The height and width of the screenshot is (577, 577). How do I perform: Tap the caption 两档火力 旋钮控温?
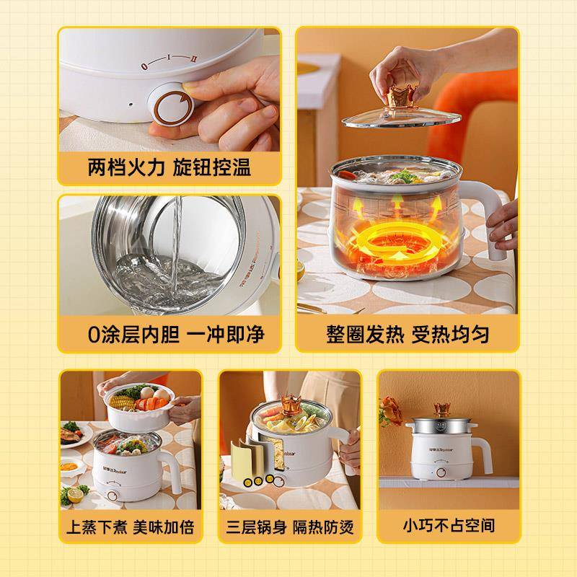coord(169,167)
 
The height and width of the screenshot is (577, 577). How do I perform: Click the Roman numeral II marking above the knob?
coord(193,59)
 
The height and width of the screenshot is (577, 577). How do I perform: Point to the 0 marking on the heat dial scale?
coord(144,66)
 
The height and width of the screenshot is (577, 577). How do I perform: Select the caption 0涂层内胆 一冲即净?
coord(176,334)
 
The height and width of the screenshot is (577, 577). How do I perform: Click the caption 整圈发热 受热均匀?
coord(408,335)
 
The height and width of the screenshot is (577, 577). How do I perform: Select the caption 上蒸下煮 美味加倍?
coord(130,527)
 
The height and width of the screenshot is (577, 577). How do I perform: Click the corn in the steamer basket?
coord(121,402)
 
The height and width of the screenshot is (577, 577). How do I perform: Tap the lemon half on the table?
coord(75,495)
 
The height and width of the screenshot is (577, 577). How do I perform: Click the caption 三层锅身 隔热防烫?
coord(290,527)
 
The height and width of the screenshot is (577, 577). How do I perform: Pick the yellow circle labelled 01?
coord(247,483)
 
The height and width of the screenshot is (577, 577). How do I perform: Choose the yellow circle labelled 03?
coord(269,479)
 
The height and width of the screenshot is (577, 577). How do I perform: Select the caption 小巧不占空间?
coord(449,526)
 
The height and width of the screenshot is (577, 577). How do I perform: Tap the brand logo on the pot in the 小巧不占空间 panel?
coord(441,449)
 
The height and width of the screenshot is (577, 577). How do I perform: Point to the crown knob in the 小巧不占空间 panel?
coord(442,409)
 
